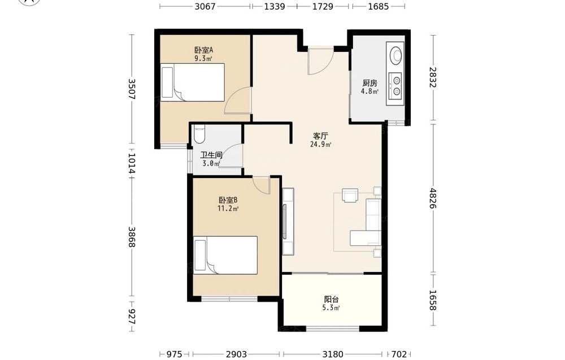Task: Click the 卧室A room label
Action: click(203, 50)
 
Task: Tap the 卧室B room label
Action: click(228, 200)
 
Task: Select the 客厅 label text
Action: click(320, 136)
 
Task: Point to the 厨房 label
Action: click(370, 83)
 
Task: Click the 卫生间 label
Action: click(211, 155)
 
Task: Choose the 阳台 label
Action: click(331, 300)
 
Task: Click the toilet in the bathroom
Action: click(199, 134)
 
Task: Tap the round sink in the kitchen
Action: click(397, 55)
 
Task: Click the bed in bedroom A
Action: click(193, 82)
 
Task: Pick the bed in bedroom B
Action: click(225, 255)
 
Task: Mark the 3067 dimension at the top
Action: click(205, 6)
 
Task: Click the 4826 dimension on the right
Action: click(433, 198)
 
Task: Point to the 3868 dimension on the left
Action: click(131, 237)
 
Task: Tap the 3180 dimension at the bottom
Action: click(333, 354)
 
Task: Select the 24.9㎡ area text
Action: click(320, 145)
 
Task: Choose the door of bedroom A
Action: click(238, 101)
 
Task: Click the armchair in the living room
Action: click(350, 196)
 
